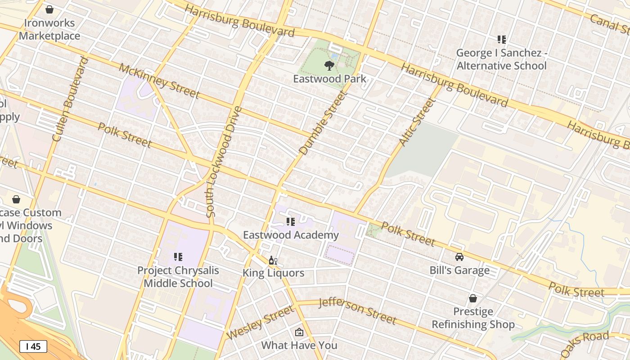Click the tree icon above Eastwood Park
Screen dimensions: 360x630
329,66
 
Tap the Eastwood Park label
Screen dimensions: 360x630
329,79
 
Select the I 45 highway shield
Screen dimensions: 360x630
33,346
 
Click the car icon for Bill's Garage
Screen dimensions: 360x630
459,257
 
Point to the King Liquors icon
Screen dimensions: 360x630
273,261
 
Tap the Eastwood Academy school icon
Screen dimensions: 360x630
291,222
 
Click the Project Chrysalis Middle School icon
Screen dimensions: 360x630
178,257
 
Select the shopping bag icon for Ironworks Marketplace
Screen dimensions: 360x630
49,9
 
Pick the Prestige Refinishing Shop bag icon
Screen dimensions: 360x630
473,298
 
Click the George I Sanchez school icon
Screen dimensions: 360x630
502,40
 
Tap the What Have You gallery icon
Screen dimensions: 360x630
299,333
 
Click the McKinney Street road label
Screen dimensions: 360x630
159,81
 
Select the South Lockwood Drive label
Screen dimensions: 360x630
224,162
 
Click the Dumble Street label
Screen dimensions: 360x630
324,123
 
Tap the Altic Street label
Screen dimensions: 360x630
417,122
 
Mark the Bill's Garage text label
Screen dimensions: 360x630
459,270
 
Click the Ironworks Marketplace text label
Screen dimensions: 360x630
49,29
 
